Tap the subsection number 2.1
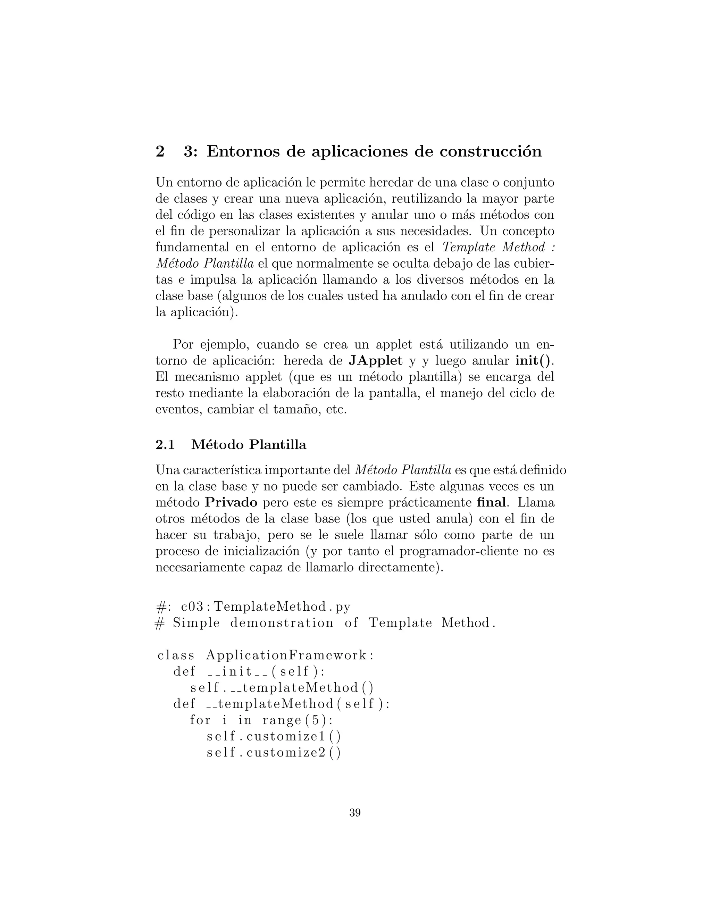click(x=165, y=445)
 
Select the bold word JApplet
click(x=376, y=361)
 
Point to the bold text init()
click(x=533, y=361)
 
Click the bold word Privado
click(x=231, y=503)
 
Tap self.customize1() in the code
click(x=273, y=736)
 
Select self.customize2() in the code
click(x=273, y=752)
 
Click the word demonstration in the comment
click(x=282, y=623)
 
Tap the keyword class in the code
click(x=176, y=655)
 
